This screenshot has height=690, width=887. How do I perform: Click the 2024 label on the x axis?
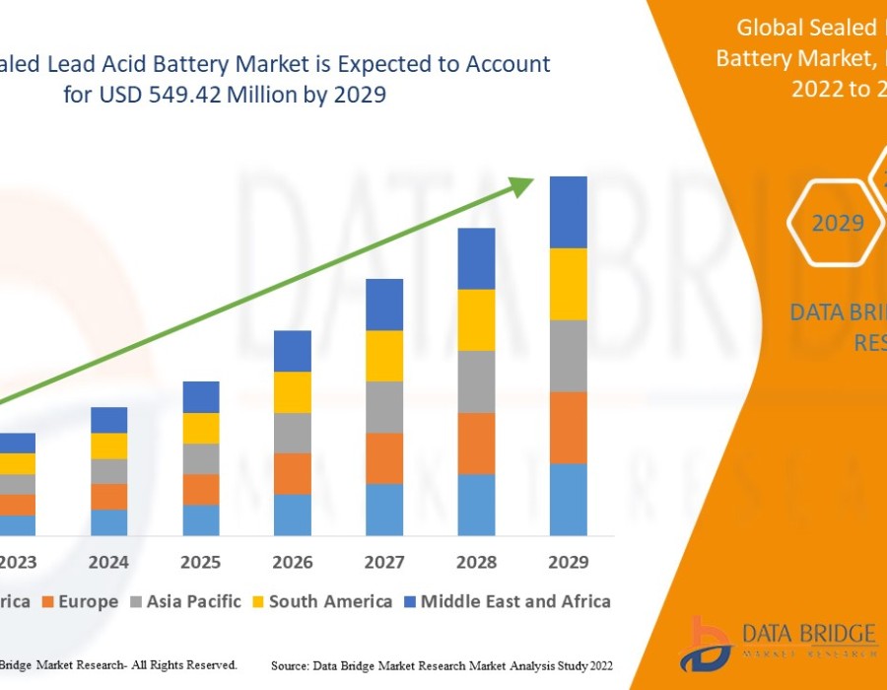109,562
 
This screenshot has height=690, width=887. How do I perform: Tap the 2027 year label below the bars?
384,562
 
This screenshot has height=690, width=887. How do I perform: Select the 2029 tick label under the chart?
568,562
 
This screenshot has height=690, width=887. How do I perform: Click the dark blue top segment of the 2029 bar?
568,212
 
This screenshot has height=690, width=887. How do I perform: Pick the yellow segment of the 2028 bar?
476,319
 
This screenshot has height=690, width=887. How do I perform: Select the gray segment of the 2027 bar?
384,407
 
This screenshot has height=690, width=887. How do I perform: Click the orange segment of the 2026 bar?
293,473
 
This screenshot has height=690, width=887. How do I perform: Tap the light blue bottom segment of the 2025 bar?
201,519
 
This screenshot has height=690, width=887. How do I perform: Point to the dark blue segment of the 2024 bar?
109,420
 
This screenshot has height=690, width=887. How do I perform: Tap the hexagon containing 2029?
837,223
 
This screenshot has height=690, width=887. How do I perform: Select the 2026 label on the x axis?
293,562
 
